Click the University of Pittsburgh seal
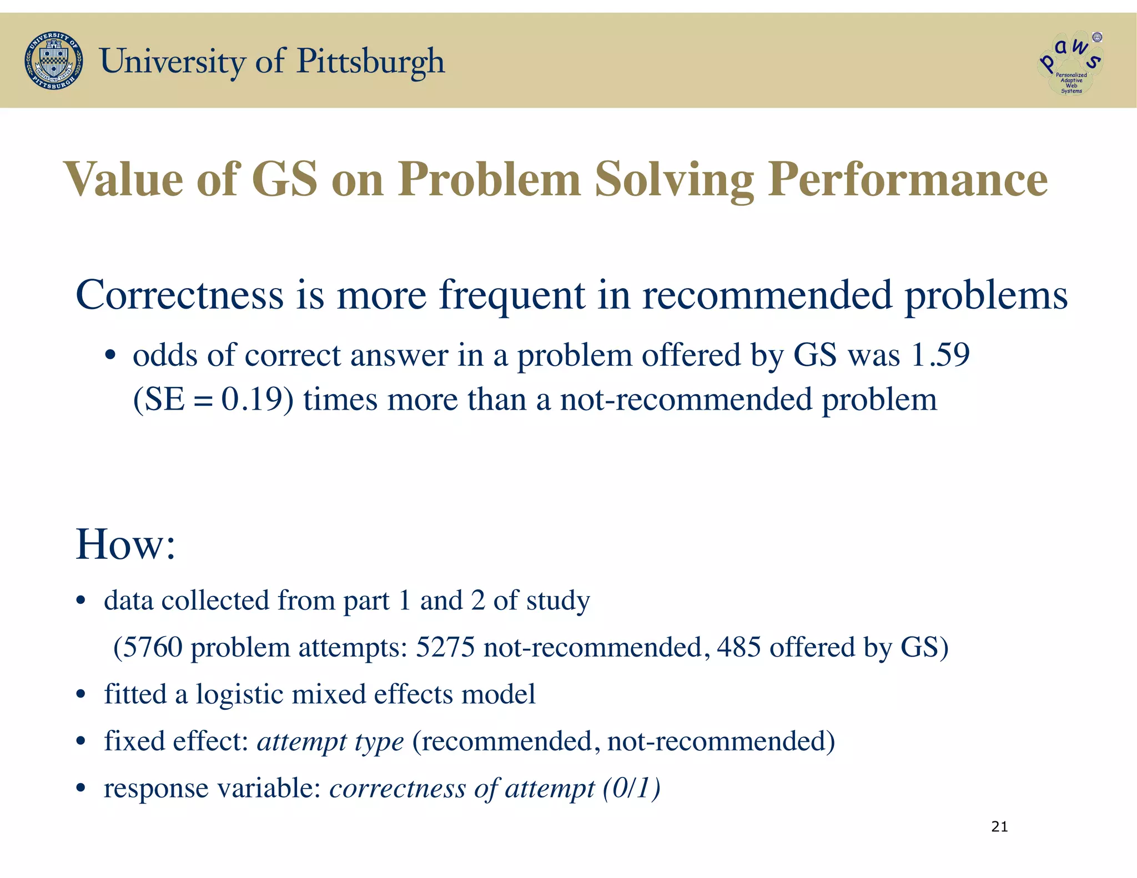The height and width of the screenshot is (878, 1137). pyautogui.click(x=54, y=61)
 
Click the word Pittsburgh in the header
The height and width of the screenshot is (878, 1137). pyautogui.click(x=371, y=61)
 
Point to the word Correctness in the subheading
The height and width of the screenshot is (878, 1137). pyautogui.click(x=179, y=295)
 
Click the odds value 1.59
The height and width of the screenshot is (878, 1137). pyautogui.click(x=940, y=355)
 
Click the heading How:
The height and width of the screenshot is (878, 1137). pyautogui.click(x=125, y=544)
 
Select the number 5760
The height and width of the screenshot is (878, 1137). pyautogui.click(x=152, y=647)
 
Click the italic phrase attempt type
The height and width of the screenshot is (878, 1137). pyautogui.click(x=330, y=742)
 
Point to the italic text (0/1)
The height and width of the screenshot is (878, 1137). pyautogui.click(x=632, y=788)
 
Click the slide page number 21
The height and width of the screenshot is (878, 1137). pyautogui.click(x=999, y=827)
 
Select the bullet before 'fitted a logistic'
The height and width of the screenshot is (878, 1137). pyautogui.click(x=81, y=695)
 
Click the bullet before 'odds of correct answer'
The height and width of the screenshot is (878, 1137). pyautogui.click(x=110, y=356)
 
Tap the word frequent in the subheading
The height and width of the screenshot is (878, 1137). pyautogui.click(x=512, y=295)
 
